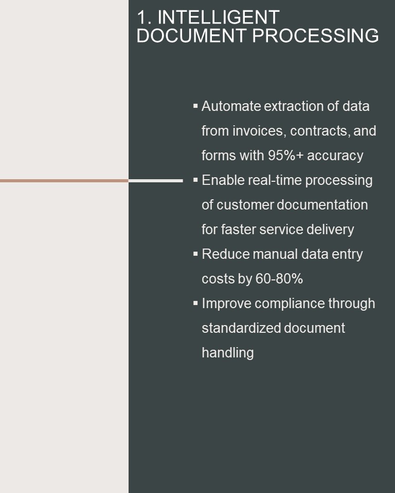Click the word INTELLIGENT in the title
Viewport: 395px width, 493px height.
point(218,17)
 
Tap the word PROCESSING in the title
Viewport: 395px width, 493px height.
point(315,35)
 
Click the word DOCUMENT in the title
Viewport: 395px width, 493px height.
point(191,35)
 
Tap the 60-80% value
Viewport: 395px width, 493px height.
point(279,279)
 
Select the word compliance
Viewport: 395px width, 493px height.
point(290,304)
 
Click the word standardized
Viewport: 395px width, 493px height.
point(241,328)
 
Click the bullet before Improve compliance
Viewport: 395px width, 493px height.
point(195,303)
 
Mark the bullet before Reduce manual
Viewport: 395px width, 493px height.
point(195,254)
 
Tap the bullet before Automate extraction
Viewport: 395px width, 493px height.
point(195,106)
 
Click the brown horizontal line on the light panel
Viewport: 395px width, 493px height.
point(64,181)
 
